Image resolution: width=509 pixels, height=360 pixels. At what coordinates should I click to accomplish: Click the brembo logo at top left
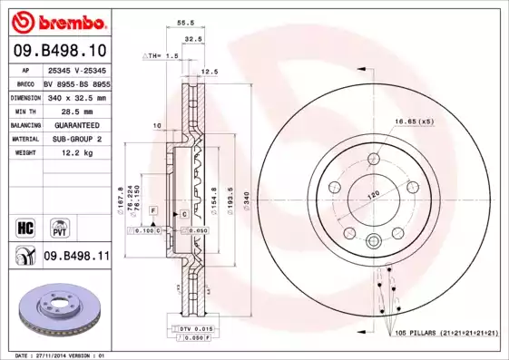[55, 19]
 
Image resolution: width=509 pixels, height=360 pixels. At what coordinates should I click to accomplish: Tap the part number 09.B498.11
[76, 257]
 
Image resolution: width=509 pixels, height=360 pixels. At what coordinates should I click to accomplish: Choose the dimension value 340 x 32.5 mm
[76, 96]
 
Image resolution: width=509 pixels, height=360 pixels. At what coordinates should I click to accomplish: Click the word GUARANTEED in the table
[71, 124]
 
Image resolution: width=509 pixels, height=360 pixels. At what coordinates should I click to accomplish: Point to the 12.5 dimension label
[210, 71]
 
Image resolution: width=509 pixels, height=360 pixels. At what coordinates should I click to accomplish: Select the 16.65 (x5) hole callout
[413, 120]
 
